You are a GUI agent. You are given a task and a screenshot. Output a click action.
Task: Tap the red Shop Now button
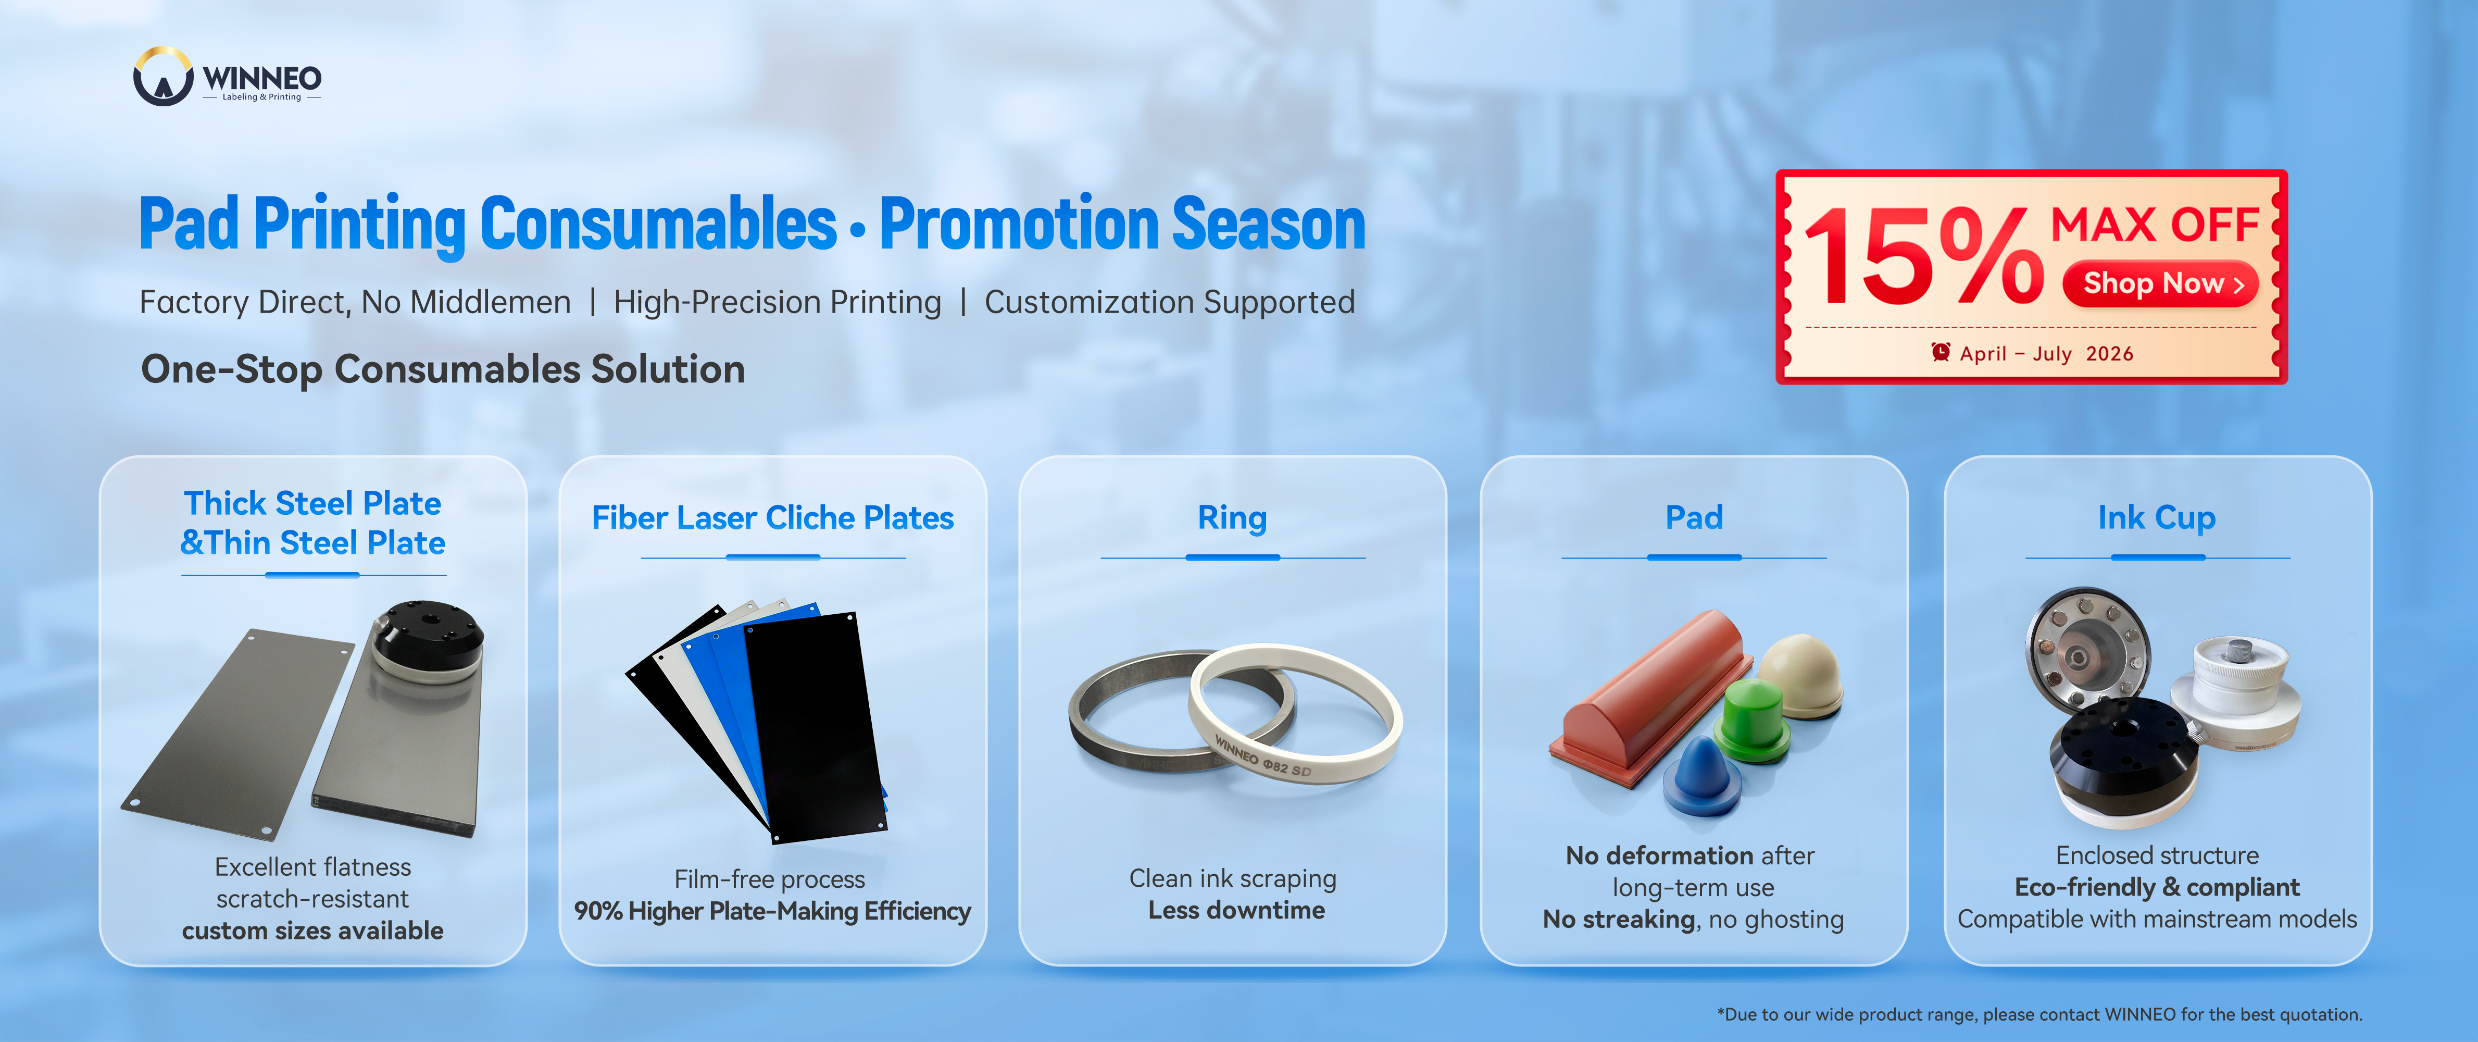click(x=2160, y=284)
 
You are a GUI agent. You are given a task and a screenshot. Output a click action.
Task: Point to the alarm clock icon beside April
click(x=1941, y=352)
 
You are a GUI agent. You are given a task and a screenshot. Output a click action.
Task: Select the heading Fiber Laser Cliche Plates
click(x=772, y=518)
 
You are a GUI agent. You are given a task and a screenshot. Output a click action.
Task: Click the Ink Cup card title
click(x=2157, y=518)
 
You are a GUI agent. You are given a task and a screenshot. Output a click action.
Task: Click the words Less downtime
click(x=1236, y=910)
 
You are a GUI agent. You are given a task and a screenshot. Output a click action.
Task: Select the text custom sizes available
click(x=312, y=931)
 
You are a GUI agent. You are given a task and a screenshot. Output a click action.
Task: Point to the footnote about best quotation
click(x=2039, y=1014)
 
